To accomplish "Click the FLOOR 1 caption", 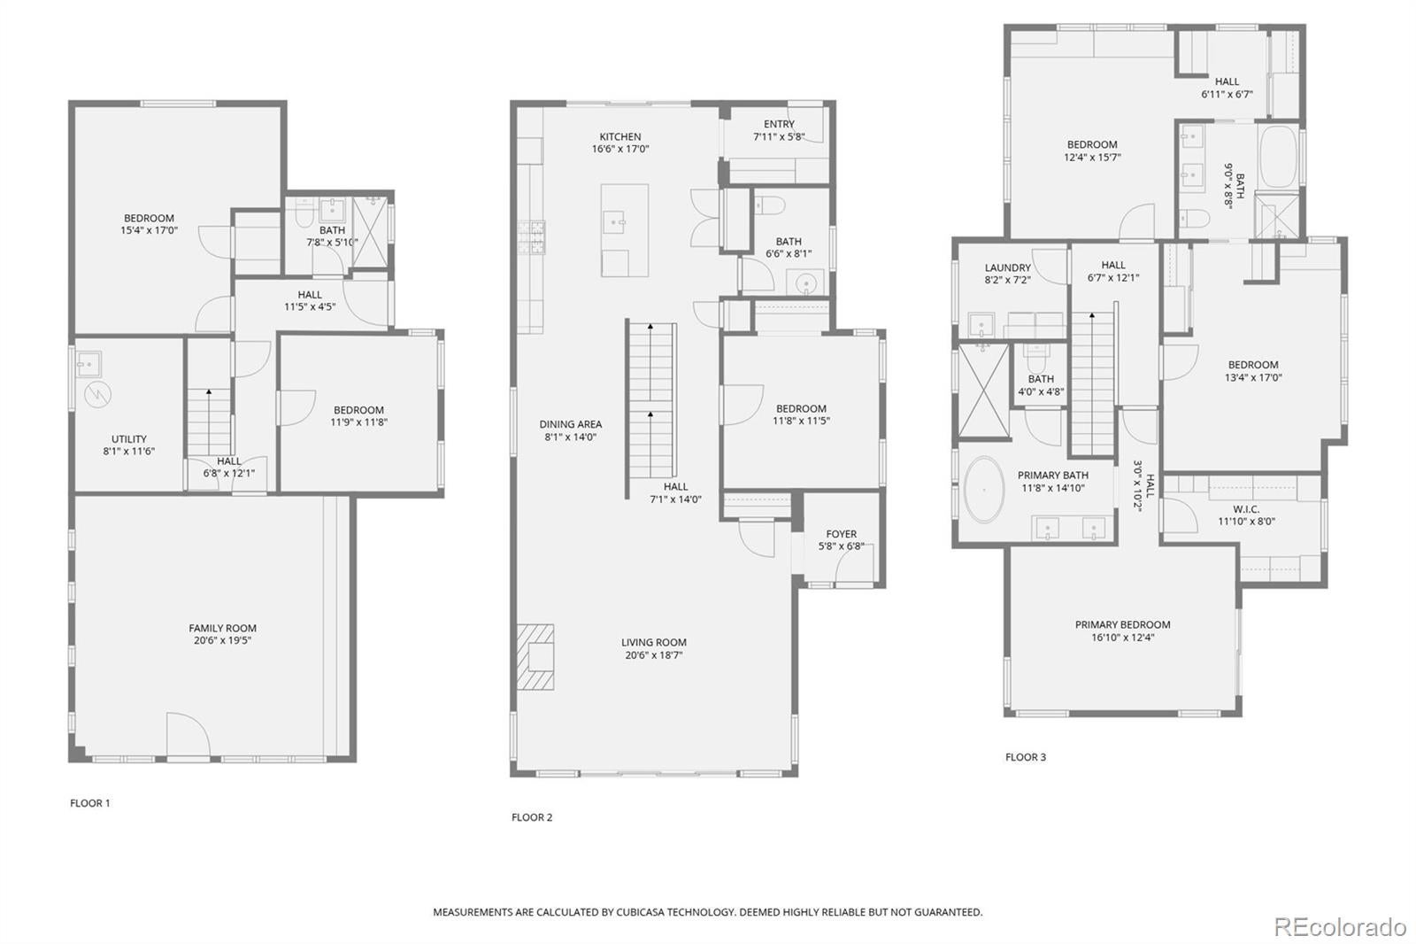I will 90,803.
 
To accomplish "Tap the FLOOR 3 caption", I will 1025,757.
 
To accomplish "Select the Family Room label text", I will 222,628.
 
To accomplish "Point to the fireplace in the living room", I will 536,657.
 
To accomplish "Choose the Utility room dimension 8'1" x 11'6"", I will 129,452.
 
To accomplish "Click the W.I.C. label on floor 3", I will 1246,509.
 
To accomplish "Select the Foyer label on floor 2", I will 841,534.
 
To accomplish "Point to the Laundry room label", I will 1007,267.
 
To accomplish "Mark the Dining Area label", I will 570,424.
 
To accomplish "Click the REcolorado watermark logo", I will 1339,926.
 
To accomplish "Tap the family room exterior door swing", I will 188,734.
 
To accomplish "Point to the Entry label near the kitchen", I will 779,124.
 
